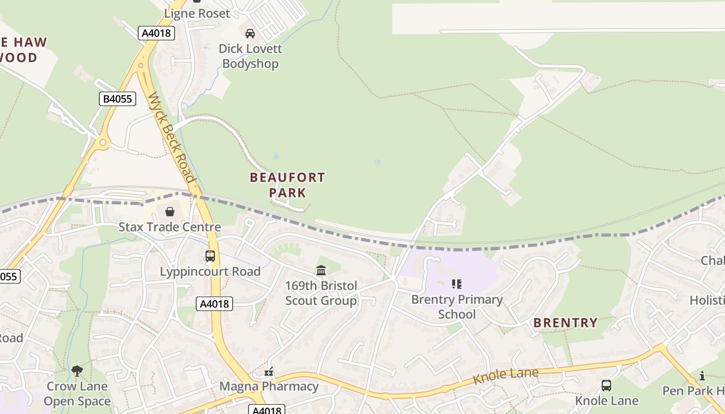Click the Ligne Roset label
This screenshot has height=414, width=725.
pyautogui.click(x=197, y=13)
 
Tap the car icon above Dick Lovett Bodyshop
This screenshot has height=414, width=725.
pyautogui.click(x=250, y=34)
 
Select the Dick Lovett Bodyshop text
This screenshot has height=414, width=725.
pyautogui.click(x=251, y=56)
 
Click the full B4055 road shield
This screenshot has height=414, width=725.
pyautogui.click(x=118, y=99)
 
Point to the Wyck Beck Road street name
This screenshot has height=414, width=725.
pyautogui.click(x=172, y=139)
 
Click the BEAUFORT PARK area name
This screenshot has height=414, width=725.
pyautogui.click(x=287, y=185)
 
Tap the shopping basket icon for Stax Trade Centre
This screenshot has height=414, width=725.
pyautogui.click(x=170, y=212)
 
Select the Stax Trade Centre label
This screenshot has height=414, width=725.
pyautogui.click(x=170, y=227)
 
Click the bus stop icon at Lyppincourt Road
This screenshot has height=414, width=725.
pyautogui.click(x=210, y=256)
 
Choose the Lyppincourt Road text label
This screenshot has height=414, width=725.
pyautogui.click(x=210, y=272)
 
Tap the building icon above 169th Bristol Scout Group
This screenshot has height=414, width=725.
pyautogui.click(x=321, y=270)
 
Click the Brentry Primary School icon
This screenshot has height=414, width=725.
pyautogui.click(x=456, y=284)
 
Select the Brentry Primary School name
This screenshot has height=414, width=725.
pyautogui.click(x=457, y=307)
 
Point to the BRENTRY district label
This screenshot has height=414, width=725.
pyautogui.click(x=565, y=323)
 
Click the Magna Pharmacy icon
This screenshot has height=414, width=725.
pyautogui.click(x=269, y=371)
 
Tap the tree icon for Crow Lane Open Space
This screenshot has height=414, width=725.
pyautogui.click(x=77, y=371)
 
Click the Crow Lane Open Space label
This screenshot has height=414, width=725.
pyautogui.click(x=77, y=394)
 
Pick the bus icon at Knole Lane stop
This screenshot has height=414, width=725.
pyautogui.click(x=606, y=385)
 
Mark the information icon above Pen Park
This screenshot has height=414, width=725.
pyautogui.click(x=702, y=376)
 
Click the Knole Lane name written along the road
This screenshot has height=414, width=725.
pyautogui.click(x=505, y=376)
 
